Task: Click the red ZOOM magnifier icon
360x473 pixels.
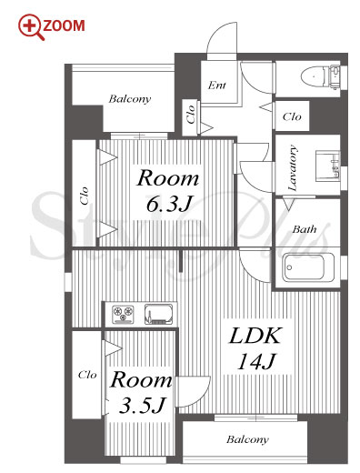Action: point(31,27)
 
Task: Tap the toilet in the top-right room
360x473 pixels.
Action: point(321,76)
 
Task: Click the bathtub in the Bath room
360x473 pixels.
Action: point(308,267)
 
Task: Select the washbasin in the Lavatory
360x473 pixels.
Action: point(328,166)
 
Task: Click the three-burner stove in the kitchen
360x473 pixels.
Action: point(123,314)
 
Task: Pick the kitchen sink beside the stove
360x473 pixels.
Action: point(158,314)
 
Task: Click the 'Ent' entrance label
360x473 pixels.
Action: point(217,86)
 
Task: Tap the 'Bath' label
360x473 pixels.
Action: point(305,229)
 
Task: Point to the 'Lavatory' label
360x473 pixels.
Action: point(292,167)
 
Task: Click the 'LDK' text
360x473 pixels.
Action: point(255,336)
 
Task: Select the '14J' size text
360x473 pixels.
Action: point(255,362)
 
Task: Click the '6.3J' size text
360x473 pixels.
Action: point(169,204)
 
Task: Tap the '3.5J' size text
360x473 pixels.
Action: point(142,406)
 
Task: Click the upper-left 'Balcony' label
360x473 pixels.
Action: point(130,99)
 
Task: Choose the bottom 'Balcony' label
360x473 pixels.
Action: point(247,439)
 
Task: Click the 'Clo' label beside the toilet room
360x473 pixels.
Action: point(292,116)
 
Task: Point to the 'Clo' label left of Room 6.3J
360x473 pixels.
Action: point(85,196)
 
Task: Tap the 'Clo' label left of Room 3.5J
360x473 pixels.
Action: point(87,375)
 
